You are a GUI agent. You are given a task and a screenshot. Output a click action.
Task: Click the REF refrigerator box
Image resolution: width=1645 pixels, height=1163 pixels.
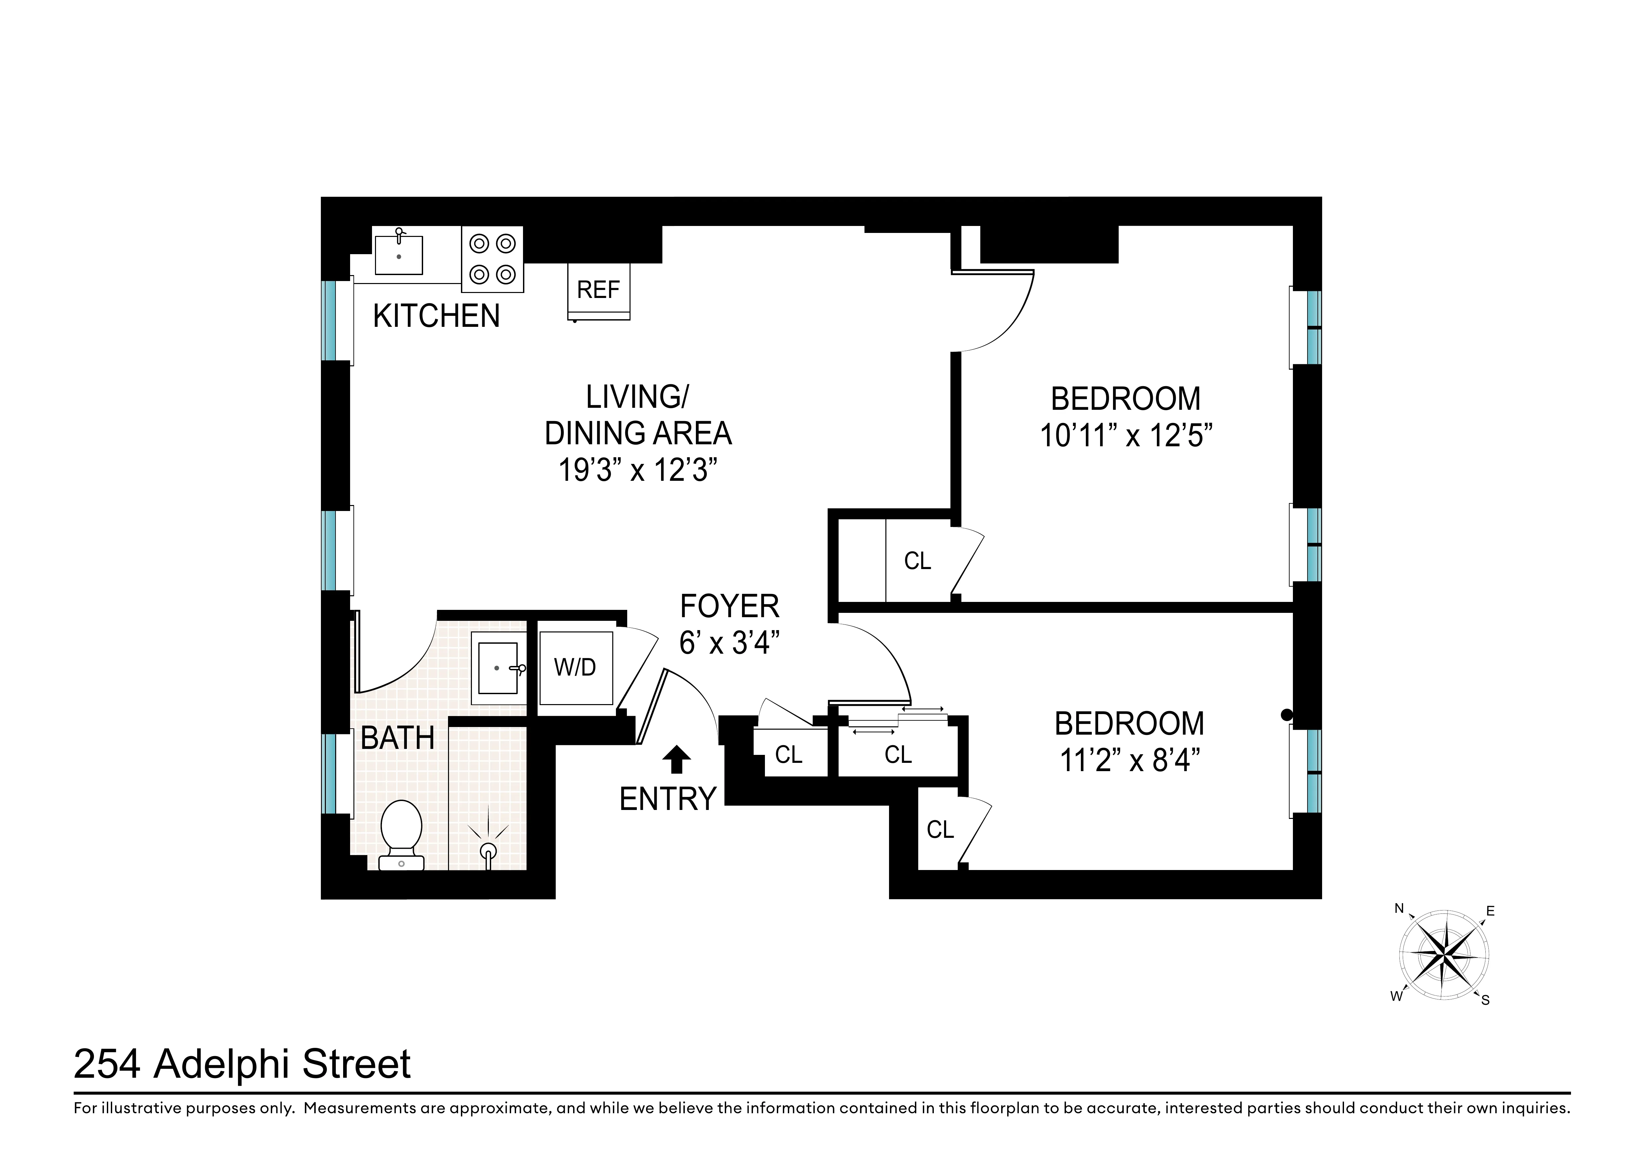click(598, 290)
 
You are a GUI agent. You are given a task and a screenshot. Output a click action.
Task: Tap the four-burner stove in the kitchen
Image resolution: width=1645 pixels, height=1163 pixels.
click(492, 259)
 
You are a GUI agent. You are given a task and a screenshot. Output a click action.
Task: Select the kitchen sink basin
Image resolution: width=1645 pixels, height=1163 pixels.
click(399, 255)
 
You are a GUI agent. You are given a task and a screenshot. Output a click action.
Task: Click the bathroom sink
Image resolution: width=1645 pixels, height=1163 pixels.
click(498, 668)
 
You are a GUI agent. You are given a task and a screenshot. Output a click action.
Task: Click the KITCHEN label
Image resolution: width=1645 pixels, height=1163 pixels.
click(436, 316)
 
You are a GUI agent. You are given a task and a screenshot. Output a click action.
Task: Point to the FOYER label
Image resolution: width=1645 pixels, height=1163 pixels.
click(729, 606)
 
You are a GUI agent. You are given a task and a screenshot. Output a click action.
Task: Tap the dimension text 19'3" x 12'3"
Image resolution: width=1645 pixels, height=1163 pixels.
click(637, 471)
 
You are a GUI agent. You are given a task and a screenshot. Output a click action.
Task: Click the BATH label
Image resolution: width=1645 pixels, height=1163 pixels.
click(398, 738)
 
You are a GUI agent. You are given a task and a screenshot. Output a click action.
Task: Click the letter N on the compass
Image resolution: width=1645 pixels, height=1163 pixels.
click(1398, 909)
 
